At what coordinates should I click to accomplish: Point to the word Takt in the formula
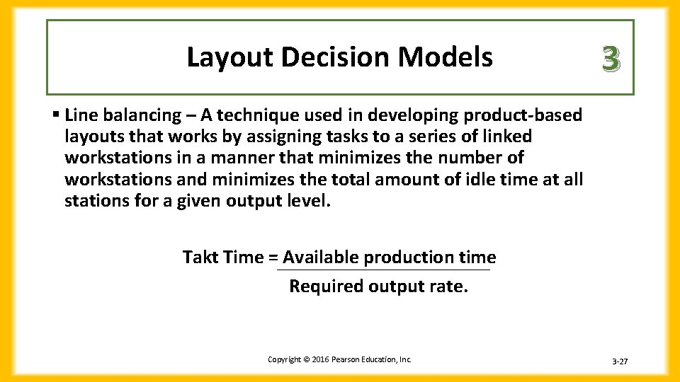pyautogui.click(x=201, y=257)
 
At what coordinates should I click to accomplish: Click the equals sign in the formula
pyautogui.click(x=273, y=257)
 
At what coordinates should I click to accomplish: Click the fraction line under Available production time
pyautogui.click(x=383, y=270)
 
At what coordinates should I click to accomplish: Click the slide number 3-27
pyautogui.click(x=619, y=362)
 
